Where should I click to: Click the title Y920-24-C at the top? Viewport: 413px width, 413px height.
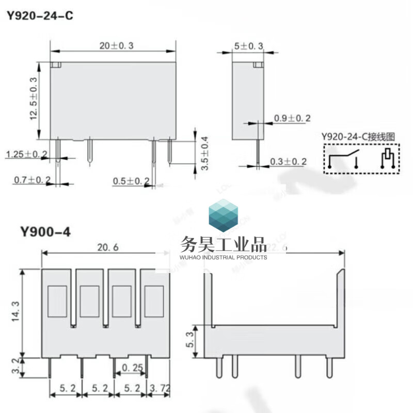pos(40,16)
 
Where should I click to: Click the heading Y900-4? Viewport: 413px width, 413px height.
pos(45,232)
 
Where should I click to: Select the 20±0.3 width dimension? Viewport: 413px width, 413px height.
pos(117,46)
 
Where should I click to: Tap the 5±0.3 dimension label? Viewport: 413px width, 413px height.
pos(249,46)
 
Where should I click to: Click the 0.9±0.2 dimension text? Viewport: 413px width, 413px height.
pos(292,119)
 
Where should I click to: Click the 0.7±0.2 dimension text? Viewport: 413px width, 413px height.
pos(32,180)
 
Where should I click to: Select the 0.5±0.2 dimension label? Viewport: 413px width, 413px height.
pos(131,181)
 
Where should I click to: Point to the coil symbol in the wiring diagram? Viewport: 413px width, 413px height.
pos(387,158)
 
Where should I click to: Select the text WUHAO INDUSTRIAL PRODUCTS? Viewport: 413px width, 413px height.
pos(224,257)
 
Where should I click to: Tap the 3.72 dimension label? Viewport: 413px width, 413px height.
pos(159,387)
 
